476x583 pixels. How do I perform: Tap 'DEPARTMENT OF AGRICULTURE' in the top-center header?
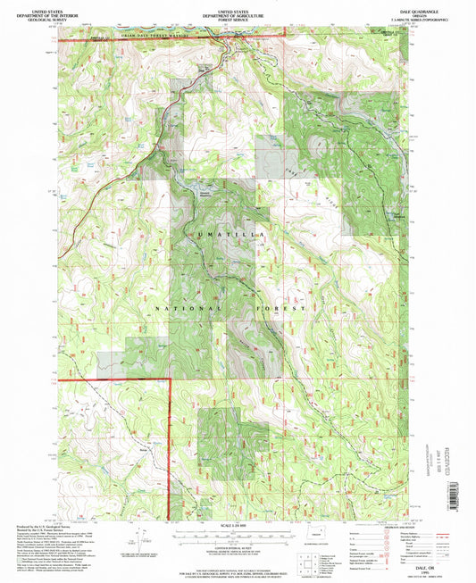pyautogui.click(x=238, y=12)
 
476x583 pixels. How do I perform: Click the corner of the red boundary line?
pyautogui.click(x=170, y=379)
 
